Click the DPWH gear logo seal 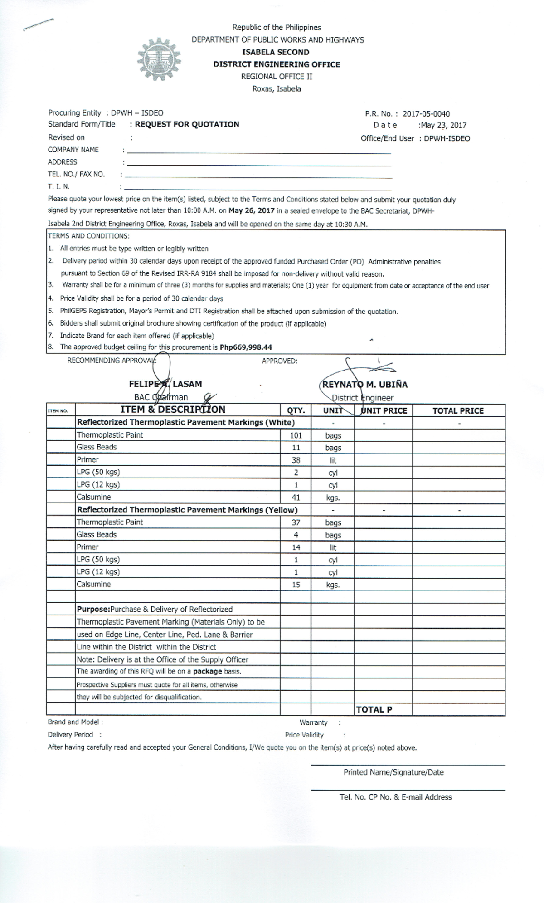[160, 59]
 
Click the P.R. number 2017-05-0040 [426, 114]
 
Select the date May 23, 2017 [444, 125]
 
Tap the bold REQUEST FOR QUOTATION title [187, 124]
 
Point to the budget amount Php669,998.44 [246, 347]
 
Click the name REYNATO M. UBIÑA [365, 385]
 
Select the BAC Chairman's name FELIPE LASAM [165, 384]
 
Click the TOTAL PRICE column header [458, 411]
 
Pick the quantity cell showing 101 [296, 435]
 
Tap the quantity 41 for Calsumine [296, 498]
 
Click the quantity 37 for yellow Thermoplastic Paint [296, 522]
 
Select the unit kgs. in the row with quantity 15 [333, 585]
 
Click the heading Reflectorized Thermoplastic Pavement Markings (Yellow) [187, 510]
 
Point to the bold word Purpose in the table [93, 610]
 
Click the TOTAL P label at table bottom [374, 710]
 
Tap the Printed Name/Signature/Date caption [393, 772]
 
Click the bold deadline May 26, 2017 [252, 210]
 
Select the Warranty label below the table [313, 722]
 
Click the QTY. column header [296, 411]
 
